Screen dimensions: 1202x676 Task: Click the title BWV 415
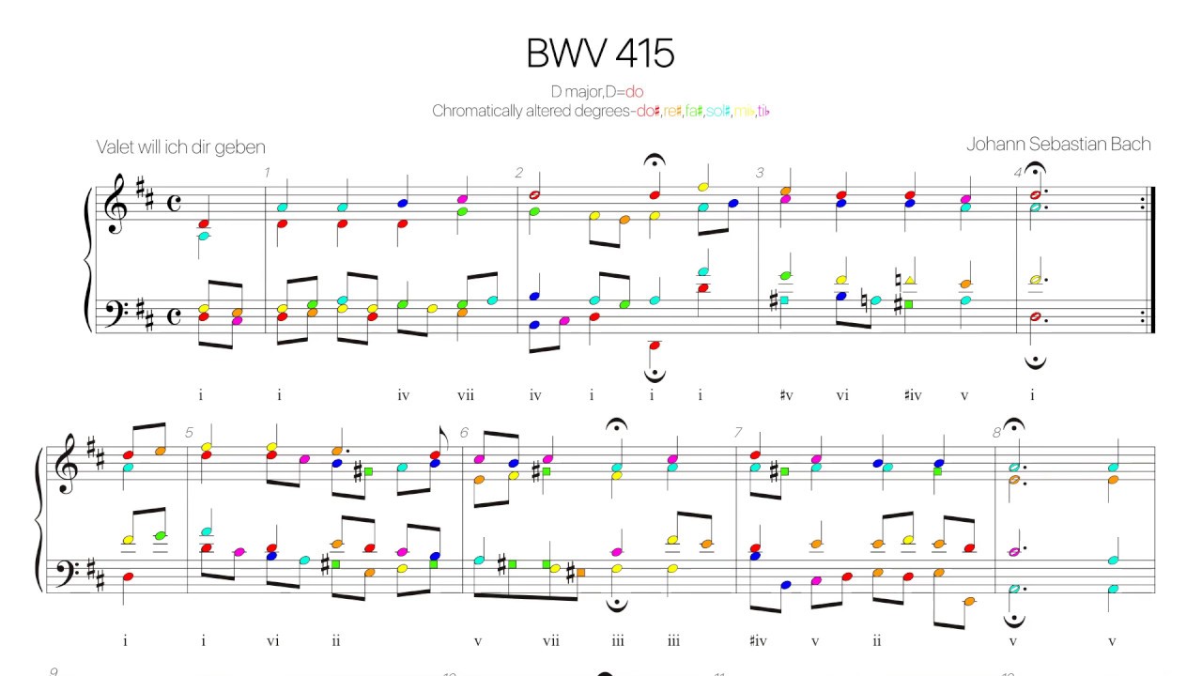[600, 54]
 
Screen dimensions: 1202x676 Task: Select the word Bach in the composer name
[1127, 144]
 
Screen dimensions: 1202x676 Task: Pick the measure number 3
[761, 173]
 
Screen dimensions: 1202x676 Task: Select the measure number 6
[464, 433]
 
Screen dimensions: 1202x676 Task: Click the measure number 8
[997, 433]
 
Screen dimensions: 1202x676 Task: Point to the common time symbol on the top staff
[174, 206]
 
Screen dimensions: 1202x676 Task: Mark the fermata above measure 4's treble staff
[1035, 170]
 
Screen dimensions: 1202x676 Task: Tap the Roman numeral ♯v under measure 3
[786, 395]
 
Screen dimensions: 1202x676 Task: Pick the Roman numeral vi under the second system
[272, 641]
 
